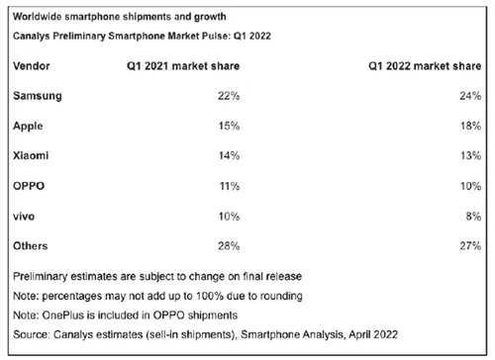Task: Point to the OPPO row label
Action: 29,184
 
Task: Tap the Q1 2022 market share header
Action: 422,63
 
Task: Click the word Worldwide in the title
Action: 38,16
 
